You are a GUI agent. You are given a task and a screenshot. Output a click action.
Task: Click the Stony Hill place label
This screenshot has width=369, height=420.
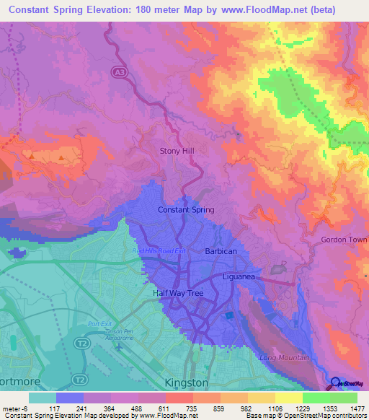177,151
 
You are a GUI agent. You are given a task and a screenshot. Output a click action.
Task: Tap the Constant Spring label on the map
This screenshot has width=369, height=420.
186,210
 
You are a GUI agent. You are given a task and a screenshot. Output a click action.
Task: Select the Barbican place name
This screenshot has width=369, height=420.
222,251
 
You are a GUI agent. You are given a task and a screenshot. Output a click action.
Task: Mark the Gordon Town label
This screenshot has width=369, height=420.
344,240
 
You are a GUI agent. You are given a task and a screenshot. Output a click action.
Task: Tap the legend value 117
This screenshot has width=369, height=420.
54,408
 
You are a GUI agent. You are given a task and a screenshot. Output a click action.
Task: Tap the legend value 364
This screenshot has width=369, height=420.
110,408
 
